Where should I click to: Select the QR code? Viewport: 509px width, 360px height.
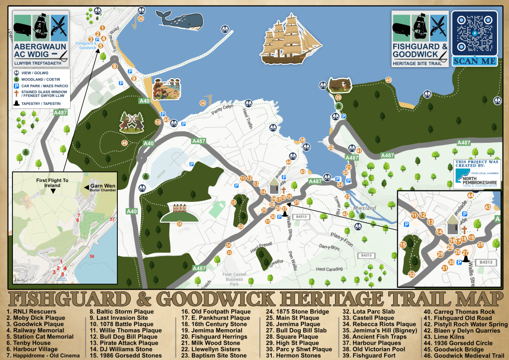tap(475, 34)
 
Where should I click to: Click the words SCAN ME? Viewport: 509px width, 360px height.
tap(475, 61)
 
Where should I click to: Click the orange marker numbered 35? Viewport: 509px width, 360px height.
tap(179, 224)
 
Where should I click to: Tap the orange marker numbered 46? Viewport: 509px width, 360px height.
tap(125, 143)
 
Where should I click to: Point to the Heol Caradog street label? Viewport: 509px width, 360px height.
tap(331, 269)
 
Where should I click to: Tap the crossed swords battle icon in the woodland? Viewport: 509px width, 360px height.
tap(132, 121)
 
